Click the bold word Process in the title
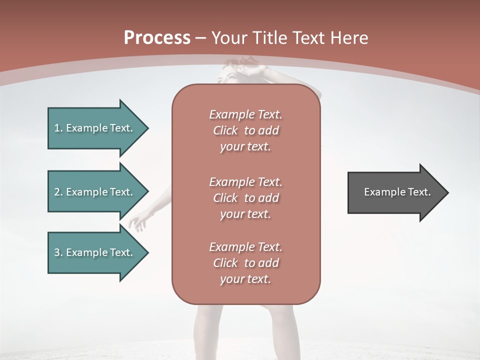pyautogui.click(x=157, y=38)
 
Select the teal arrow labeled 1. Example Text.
pyautogui.click(x=95, y=128)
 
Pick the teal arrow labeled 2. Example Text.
pyautogui.click(x=95, y=192)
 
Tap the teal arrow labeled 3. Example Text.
pyautogui.click(x=95, y=252)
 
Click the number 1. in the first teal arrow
pyautogui.click(x=58, y=128)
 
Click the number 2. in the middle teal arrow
pyautogui.click(x=58, y=192)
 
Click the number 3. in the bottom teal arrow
pyautogui.click(x=58, y=252)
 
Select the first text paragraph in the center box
pyautogui.click(x=245, y=130)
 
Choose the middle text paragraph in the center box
pyautogui.click(x=245, y=197)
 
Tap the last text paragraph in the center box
pyautogui.click(x=245, y=263)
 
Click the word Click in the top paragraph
pyautogui.click(x=225, y=130)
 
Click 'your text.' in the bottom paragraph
pyautogui.click(x=245, y=279)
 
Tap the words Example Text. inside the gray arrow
pyautogui.click(x=397, y=192)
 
